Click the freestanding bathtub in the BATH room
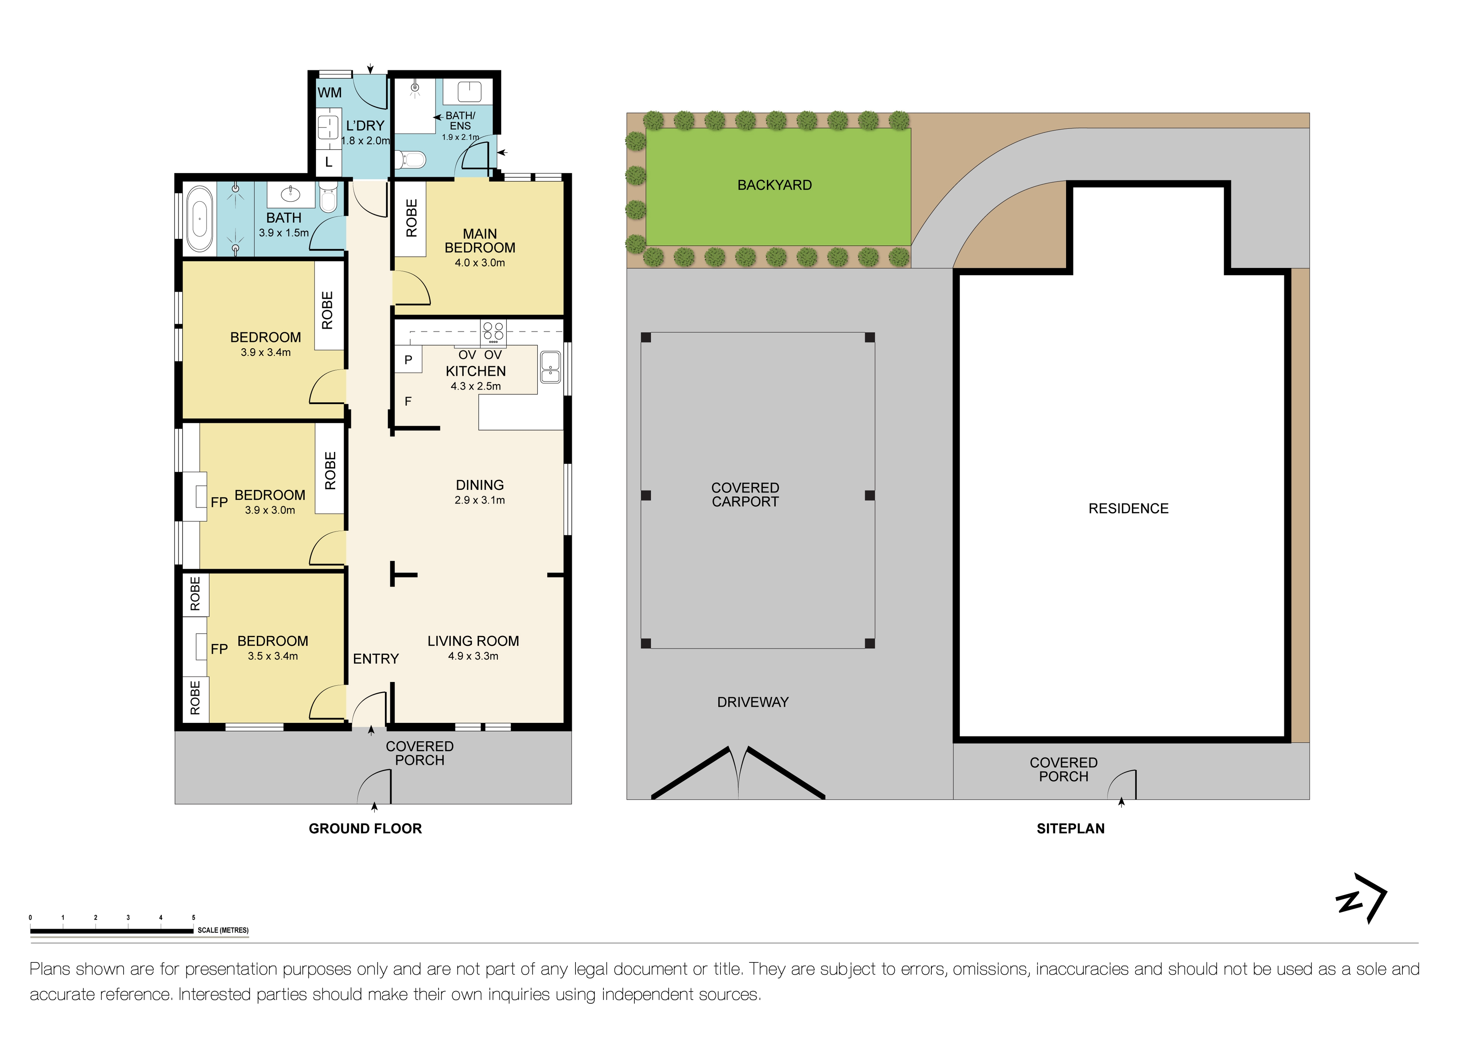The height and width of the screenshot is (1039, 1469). pyautogui.click(x=200, y=219)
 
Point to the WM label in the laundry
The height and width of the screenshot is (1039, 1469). pyautogui.click(x=329, y=93)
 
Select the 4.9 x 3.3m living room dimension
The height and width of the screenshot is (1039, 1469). pyautogui.click(x=473, y=656)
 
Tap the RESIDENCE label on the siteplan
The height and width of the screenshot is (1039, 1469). pyautogui.click(x=1128, y=509)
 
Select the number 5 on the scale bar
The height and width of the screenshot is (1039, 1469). pyautogui.click(x=193, y=917)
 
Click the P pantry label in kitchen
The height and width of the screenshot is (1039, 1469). pyautogui.click(x=408, y=360)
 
